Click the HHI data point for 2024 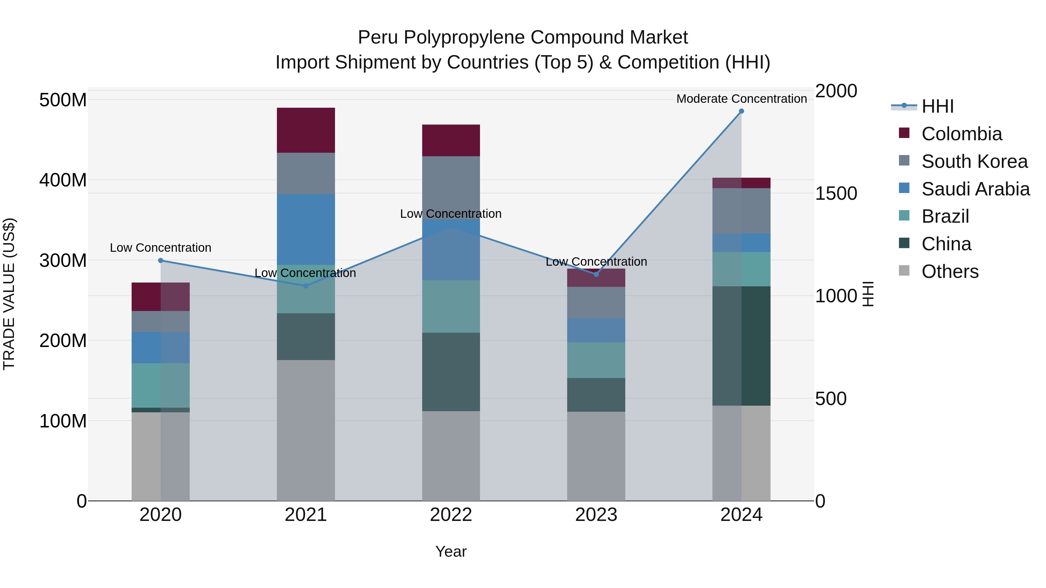pyautogui.click(x=741, y=111)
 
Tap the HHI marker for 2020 pyautogui.click(x=160, y=260)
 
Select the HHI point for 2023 pyautogui.click(x=596, y=274)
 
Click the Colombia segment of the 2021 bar pyautogui.click(x=306, y=130)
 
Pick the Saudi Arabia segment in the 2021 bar pyautogui.click(x=306, y=229)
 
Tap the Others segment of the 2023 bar pyautogui.click(x=596, y=456)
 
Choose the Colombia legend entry pyautogui.click(x=961, y=134)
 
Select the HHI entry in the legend pyautogui.click(x=937, y=106)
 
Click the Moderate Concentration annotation pyautogui.click(x=741, y=99)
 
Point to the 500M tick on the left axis pyautogui.click(x=63, y=100)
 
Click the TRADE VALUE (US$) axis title pyautogui.click(x=9, y=294)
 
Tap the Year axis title pyautogui.click(x=451, y=551)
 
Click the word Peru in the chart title pyautogui.click(x=378, y=37)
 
